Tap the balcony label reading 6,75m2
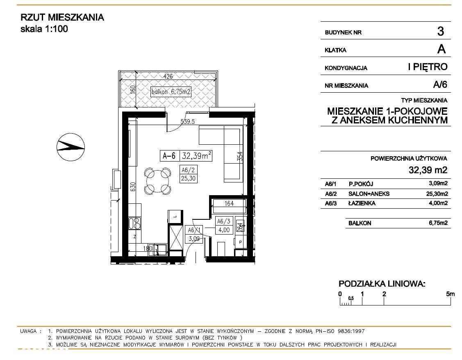pos(171,92)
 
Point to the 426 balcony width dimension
pos(168,76)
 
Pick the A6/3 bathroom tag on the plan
pos(224,226)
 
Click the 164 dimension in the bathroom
pos(229,203)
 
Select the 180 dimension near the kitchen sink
pos(148,248)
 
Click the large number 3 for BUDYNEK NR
pos(441,31)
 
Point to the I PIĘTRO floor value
pos(428,67)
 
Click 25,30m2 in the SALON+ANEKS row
pos(437,194)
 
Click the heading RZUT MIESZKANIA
pos(62,18)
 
